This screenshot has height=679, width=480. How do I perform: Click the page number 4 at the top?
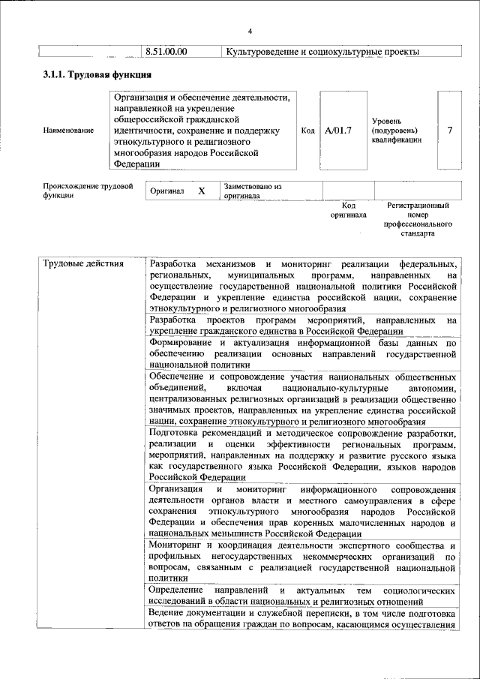coord(250,30)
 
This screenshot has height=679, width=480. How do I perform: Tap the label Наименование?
coord(69,131)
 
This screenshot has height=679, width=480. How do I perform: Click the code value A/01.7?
coord(338,131)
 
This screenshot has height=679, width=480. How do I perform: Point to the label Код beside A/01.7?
coord(307,131)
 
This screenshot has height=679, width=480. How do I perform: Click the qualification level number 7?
coord(449,131)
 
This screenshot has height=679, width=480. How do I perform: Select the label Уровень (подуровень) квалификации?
coord(397,130)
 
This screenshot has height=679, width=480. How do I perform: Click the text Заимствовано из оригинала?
coord(252,191)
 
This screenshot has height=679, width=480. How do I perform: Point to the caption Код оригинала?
coord(348,210)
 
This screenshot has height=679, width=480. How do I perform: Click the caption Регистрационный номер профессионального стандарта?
coord(418,219)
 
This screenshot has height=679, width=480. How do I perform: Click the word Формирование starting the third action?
coord(181,344)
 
